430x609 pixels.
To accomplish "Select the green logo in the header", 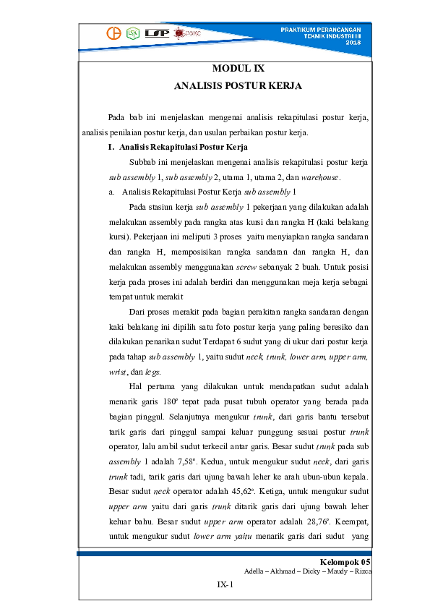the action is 132,33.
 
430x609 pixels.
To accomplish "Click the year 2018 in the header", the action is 353,43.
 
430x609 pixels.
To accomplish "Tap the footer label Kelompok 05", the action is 345,562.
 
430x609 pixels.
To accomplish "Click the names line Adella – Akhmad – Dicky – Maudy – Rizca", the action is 308,571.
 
